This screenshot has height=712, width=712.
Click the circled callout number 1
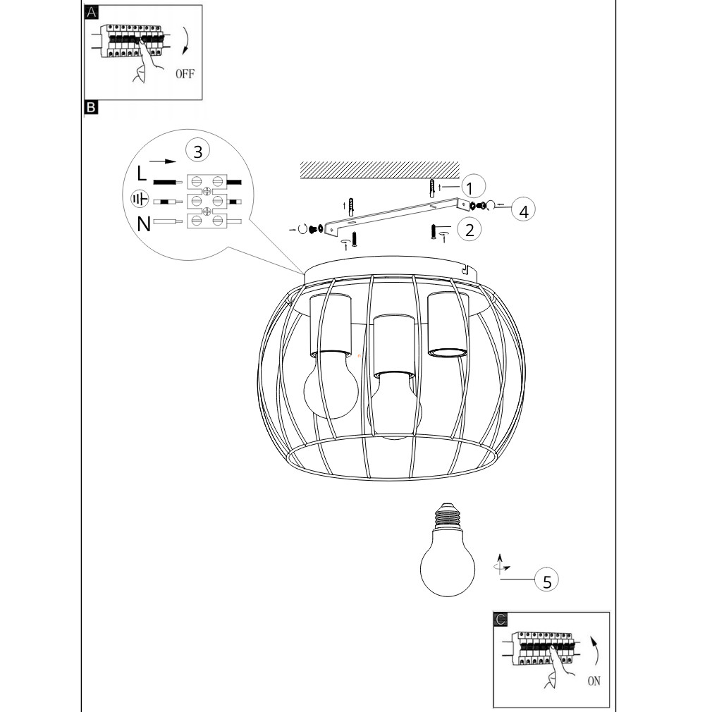[474, 186]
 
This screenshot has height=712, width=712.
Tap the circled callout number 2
[469, 230]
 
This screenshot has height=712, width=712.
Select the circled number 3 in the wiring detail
[197, 151]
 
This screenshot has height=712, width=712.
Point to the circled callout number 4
[524, 210]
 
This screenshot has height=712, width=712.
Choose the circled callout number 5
[547, 581]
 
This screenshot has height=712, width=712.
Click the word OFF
[185, 73]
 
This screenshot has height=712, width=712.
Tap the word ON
[594, 681]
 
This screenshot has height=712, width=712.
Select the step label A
[91, 12]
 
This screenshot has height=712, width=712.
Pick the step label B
[91, 107]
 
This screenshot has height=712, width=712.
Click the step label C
[501, 620]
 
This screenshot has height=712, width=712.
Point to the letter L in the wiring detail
[142, 173]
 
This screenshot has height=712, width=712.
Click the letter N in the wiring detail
[144, 224]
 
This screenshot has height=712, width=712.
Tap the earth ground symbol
[140, 199]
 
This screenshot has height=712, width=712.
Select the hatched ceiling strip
[379, 171]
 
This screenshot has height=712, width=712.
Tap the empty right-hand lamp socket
[448, 325]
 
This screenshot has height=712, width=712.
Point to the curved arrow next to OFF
[185, 41]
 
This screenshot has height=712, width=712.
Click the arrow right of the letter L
[163, 161]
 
